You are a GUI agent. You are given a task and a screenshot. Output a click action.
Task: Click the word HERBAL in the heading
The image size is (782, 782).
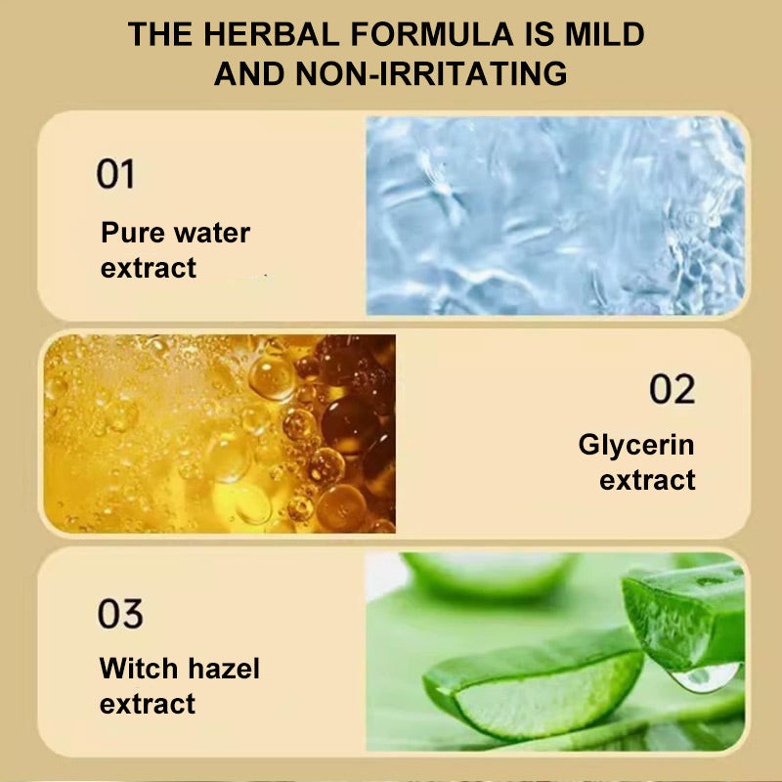click(272, 34)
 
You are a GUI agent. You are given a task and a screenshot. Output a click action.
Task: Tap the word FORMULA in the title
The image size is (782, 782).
click(432, 34)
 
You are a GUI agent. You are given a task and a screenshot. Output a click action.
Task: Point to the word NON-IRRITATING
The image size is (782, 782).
click(431, 74)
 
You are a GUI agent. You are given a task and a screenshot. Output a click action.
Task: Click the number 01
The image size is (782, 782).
click(115, 174)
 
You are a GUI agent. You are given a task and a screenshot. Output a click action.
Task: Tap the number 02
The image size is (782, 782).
click(673, 389)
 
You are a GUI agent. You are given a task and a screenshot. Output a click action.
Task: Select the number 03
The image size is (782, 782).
click(120, 614)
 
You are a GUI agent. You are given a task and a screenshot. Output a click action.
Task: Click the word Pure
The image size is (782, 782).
click(132, 233)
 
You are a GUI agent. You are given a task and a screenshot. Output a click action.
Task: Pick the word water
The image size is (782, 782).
click(211, 234)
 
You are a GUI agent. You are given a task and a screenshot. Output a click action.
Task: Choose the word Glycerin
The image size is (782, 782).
click(636, 445)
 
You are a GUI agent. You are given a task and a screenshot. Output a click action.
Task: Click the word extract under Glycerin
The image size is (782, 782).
click(647, 480)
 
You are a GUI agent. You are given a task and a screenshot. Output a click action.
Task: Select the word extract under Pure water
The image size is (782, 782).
click(149, 268)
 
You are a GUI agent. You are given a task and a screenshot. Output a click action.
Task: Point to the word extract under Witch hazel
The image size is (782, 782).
click(148, 704)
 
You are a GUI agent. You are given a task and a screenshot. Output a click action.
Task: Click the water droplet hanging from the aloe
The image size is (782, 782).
click(704, 677)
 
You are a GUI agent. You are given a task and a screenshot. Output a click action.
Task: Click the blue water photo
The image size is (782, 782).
click(555, 215)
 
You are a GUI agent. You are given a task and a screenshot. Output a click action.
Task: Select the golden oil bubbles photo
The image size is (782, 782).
click(220, 433)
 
